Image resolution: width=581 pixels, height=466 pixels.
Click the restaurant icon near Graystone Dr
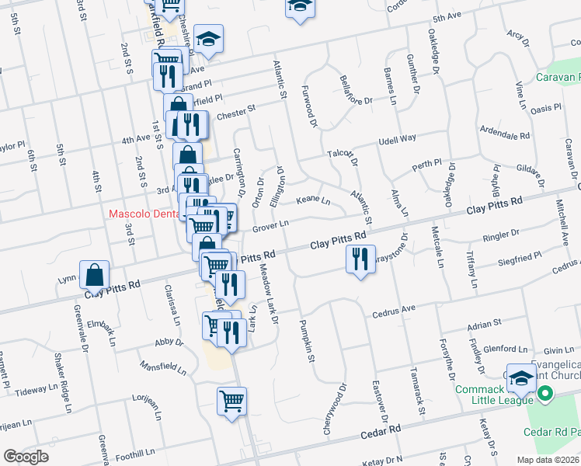click(x=358, y=259)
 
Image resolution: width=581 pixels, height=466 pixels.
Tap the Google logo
click(x=26, y=457)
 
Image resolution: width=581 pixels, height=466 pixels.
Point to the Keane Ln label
click(x=314, y=202)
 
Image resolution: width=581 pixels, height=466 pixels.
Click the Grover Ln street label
click(x=271, y=225)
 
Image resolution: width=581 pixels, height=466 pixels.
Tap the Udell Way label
click(x=397, y=140)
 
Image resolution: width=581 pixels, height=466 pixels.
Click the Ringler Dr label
click(x=502, y=233)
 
